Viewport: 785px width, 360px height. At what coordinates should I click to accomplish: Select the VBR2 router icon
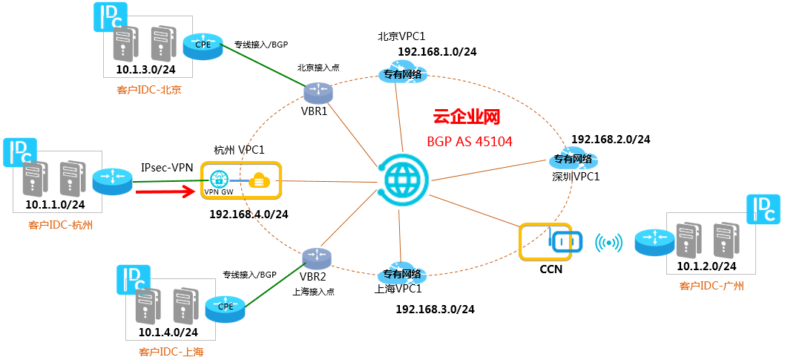[x=316, y=257]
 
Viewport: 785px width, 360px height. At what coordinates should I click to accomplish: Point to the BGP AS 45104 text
[x=470, y=141]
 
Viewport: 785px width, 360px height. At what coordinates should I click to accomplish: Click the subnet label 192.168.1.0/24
[x=437, y=51]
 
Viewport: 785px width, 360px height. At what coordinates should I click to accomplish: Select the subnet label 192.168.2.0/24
[x=611, y=139]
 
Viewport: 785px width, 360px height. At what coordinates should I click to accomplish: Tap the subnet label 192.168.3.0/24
[x=435, y=309]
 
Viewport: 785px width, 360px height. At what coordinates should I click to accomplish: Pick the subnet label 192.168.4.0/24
[x=249, y=214]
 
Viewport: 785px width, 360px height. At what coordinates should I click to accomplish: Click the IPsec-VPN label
[x=168, y=168]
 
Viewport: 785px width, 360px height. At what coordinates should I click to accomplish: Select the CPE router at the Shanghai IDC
[x=225, y=306]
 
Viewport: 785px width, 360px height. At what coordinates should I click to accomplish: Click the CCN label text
[x=551, y=269]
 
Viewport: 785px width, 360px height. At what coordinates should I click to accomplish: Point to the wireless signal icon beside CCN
[x=609, y=242]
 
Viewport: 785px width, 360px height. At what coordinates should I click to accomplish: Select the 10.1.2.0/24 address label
[x=706, y=266]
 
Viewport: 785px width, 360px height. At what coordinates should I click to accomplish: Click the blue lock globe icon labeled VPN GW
[x=218, y=179]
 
